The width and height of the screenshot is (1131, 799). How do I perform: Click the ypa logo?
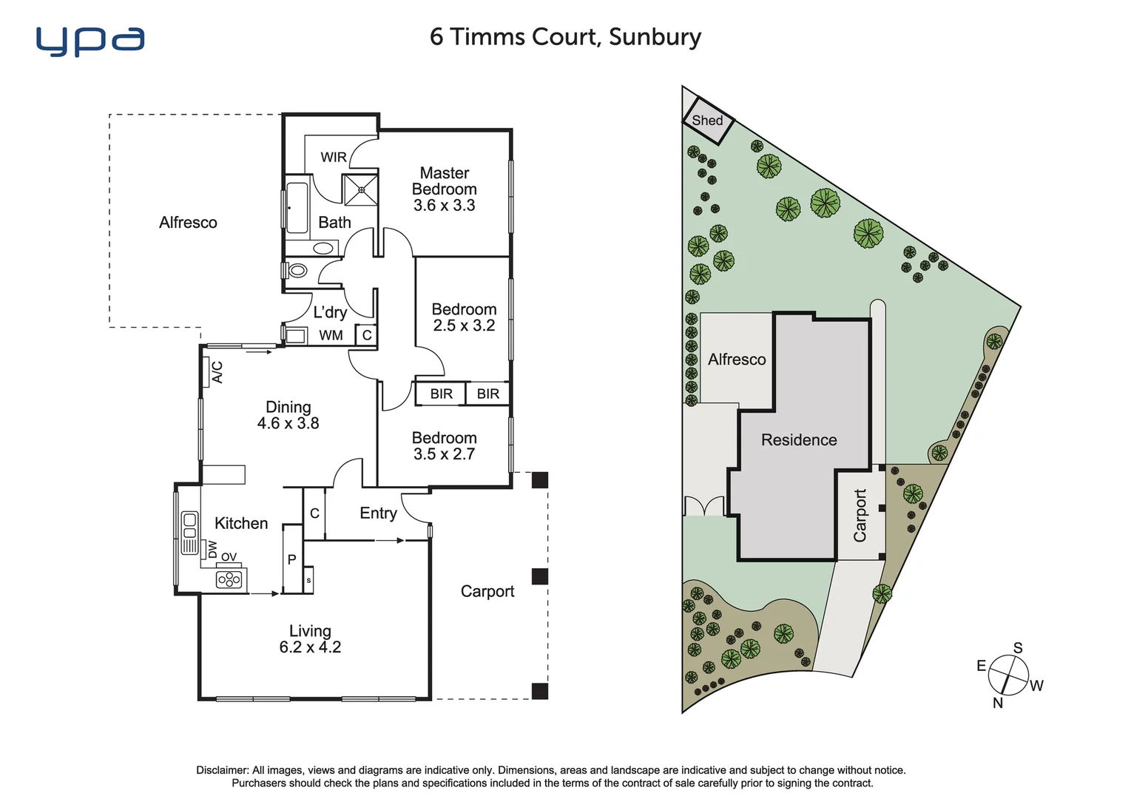coord(90,41)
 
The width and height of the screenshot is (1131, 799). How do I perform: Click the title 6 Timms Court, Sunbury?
coord(565,37)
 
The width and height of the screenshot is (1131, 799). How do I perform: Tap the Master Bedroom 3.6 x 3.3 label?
coord(444,189)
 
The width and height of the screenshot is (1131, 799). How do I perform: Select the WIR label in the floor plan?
coord(333,157)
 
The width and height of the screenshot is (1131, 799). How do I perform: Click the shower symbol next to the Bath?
coord(361,190)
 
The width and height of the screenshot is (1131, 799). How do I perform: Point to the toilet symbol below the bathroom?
coord(297,270)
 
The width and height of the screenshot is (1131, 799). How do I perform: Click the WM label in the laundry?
coord(331,335)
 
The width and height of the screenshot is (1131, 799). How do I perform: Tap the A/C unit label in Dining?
coord(216,371)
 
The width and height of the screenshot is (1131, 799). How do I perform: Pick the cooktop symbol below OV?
coord(229,580)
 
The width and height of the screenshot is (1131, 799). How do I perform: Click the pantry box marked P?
coord(292,559)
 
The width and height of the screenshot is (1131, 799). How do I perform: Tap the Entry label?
coord(378,513)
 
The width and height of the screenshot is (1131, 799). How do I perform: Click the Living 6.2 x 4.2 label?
coord(310,639)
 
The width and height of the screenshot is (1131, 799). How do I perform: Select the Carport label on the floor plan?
coord(487,591)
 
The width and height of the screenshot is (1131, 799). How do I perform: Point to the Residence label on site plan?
coord(799,440)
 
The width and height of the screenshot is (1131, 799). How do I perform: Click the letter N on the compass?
coord(997,703)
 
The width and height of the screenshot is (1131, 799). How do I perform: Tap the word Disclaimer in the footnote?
coord(222,770)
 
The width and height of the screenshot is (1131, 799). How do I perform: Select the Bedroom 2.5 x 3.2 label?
coord(464,317)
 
